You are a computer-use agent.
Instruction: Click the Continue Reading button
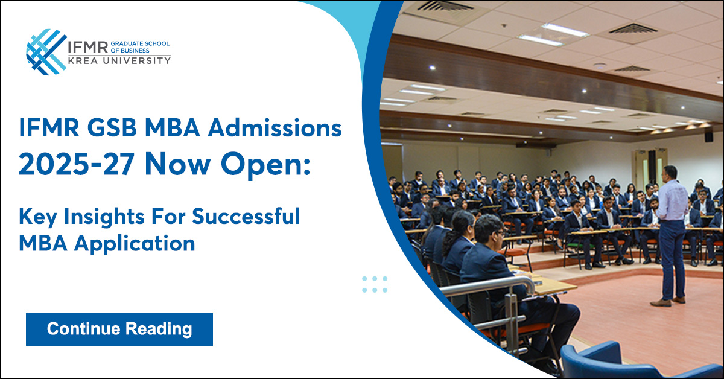click(119, 329)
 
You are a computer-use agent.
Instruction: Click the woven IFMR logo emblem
click(46, 52)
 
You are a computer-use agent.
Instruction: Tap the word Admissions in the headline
click(275, 129)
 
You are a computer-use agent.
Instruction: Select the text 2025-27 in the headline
click(77, 164)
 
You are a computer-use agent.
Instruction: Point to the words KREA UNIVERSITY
click(119, 60)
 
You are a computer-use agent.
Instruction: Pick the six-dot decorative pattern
click(375, 284)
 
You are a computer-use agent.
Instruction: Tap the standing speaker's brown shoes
click(668, 301)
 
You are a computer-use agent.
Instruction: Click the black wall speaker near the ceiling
click(709, 137)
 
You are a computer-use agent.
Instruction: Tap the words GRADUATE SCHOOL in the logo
click(140, 43)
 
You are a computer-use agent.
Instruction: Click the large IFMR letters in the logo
click(87, 47)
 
